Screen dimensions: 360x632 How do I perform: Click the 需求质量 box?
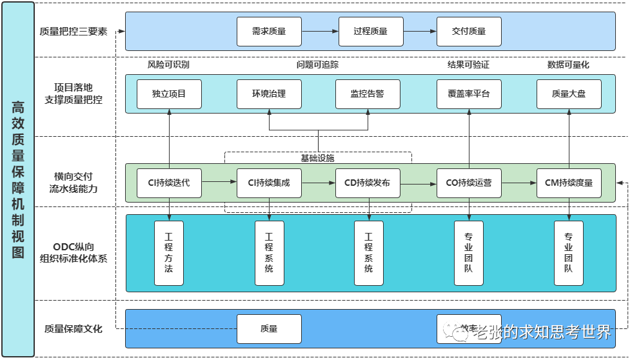tap(269, 31)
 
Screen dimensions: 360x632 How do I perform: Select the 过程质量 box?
tap(370, 31)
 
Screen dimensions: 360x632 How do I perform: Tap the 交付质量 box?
tap(469, 31)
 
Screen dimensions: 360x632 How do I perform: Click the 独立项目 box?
tap(169, 94)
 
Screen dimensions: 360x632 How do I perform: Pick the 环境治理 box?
tap(269, 94)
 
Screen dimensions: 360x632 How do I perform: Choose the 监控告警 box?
tap(368, 94)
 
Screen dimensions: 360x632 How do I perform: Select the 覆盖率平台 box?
tap(469, 94)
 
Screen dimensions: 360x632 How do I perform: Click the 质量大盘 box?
tap(569, 94)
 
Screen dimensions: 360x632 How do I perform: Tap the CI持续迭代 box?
tap(169, 183)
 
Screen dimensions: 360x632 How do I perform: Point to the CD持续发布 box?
tap(368, 183)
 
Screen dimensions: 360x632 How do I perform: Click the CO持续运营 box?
tap(469, 183)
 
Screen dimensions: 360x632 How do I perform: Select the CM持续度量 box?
tap(569, 183)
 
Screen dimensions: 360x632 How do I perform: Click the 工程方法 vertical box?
tap(169, 253)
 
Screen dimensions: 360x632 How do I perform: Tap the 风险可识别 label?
tap(168, 65)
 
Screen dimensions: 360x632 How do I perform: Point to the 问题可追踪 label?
tap(317, 65)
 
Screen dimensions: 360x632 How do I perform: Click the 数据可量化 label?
tap(568, 65)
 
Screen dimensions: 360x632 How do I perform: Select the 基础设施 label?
tap(317, 158)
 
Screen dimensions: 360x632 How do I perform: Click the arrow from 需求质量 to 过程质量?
tap(320, 31)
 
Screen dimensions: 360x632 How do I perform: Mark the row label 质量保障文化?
tap(74, 328)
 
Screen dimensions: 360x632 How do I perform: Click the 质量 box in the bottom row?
tap(269, 328)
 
